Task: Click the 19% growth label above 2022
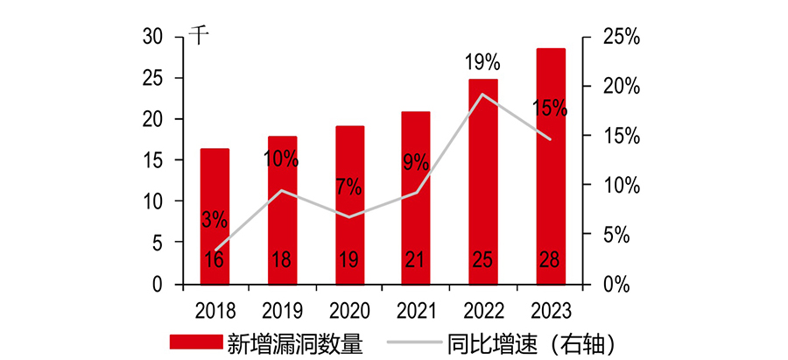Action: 482,63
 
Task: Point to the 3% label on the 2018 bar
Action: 215,219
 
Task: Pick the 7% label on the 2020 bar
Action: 348,187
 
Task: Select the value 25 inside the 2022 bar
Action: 482,260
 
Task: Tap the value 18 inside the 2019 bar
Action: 282,260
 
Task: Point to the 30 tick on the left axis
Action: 152,37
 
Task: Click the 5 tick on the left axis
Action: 158,244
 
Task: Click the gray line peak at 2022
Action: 482,94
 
